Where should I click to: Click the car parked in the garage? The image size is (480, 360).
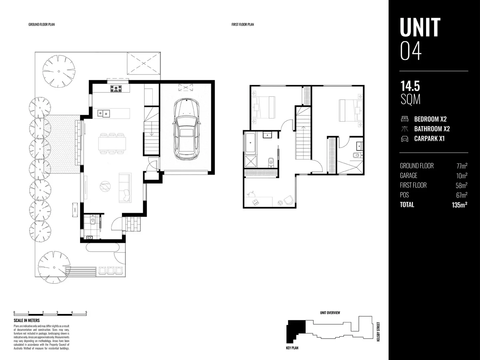coord(186,128)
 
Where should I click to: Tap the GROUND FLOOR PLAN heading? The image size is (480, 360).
coord(42,24)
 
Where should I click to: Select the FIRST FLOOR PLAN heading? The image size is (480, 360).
coord(243,24)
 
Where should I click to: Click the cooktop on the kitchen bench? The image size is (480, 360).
coord(116,88)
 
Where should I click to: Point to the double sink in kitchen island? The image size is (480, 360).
coord(104,113)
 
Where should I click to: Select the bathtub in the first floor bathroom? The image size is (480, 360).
coord(250,143)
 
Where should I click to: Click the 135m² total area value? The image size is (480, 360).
coord(459,205)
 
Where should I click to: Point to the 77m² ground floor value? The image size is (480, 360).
coord(462,166)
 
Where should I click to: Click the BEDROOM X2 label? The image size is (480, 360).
coord(430,119)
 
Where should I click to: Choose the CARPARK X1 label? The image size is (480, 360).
coord(429,139)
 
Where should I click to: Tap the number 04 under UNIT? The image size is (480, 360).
coord(411,51)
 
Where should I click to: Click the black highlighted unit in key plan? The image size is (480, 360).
coord(295,330)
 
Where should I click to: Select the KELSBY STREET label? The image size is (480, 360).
coord(378,332)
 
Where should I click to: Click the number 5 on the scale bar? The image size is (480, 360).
coord(86,312)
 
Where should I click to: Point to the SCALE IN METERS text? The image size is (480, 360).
coord(27,320)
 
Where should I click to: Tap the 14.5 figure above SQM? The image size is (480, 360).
coord(410,86)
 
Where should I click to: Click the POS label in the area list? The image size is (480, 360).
coord(404,195)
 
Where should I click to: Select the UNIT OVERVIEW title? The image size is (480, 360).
coord(330,313)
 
